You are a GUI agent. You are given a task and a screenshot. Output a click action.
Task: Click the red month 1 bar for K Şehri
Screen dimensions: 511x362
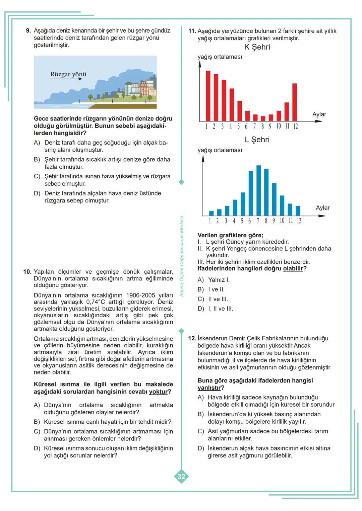(x=208, y=96)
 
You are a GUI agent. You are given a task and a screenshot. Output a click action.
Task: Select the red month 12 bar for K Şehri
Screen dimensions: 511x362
(x=295, y=102)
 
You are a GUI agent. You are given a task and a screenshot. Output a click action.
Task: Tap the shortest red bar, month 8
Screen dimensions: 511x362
(x=263, y=118)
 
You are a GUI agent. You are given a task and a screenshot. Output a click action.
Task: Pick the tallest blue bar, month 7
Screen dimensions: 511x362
(x=258, y=190)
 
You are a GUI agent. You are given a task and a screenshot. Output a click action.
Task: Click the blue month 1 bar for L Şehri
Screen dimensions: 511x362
(x=211, y=213)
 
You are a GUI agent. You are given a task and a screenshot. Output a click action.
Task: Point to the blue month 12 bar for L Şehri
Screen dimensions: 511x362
(x=298, y=211)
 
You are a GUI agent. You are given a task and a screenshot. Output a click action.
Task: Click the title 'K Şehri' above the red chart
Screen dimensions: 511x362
(x=257, y=47)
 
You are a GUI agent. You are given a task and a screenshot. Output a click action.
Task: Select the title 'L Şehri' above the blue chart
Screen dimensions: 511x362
(x=257, y=140)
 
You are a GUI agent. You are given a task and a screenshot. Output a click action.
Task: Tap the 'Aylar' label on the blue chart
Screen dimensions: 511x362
(x=322, y=208)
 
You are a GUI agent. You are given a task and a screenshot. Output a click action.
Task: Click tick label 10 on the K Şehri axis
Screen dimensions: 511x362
(x=279, y=126)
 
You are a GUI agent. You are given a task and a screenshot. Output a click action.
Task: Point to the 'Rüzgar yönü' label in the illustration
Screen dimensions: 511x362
(x=68, y=74)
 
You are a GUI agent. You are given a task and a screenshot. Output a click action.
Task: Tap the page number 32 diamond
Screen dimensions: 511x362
(x=181, y=477)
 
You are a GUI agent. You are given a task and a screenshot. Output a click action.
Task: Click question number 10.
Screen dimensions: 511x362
(x=27, y=272)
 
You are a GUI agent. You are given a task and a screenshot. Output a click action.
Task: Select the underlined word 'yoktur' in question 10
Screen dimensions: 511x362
(x=158, y=392)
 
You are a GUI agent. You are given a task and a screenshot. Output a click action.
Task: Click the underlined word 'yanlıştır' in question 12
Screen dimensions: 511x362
(x=209, y=388)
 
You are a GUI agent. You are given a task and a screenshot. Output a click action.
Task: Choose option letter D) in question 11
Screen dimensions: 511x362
(x=201, y=309)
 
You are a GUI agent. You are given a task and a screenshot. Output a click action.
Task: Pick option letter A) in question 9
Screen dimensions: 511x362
(x=37, y=143)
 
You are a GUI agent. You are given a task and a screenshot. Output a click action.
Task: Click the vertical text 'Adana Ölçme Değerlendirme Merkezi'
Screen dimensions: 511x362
(x=182, y=256)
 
